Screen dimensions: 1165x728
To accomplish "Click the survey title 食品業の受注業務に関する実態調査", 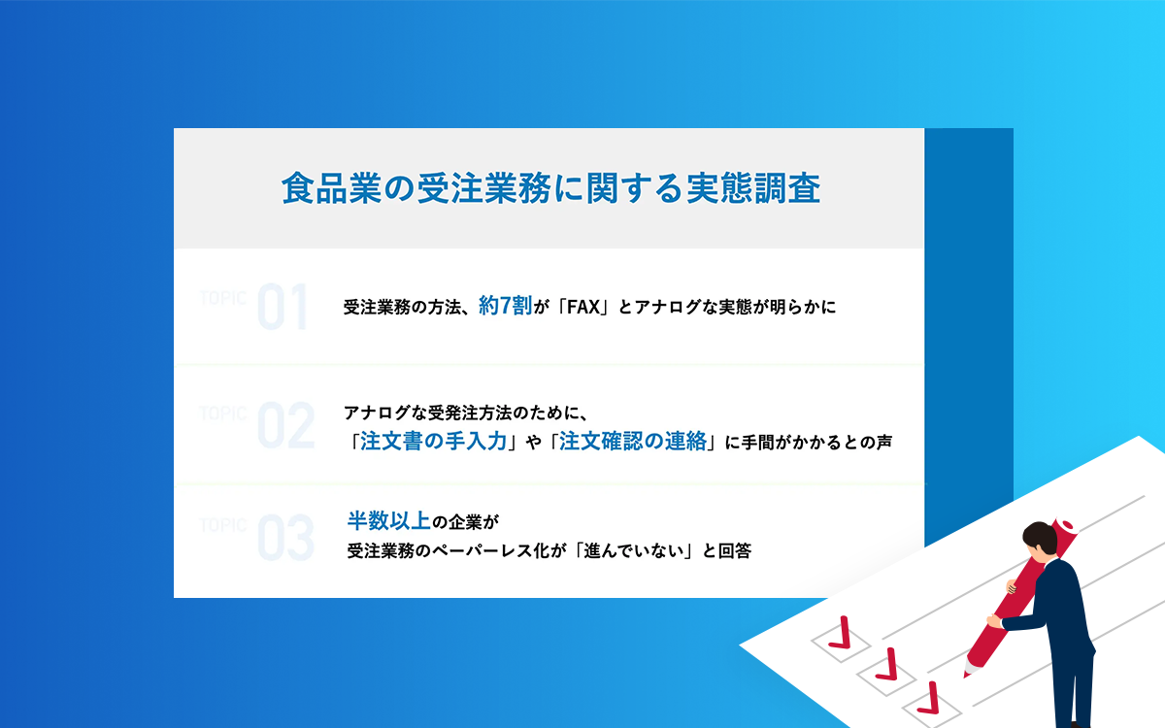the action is coord(550,187).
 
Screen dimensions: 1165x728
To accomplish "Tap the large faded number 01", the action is coord(283,307).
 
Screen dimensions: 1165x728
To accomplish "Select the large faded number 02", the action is coord(286,425).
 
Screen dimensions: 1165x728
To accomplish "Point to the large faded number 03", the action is coord(286,538).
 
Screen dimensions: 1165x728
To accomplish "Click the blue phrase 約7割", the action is coord(505,306).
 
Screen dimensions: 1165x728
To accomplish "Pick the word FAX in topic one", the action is coord(583,308).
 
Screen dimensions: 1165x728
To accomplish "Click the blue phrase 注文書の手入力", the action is coord(433,441).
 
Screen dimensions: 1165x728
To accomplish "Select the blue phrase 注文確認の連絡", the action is coord(632,441).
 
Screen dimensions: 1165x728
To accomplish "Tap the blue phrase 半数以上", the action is coord(389,520).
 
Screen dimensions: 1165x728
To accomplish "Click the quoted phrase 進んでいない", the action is coord(633,550).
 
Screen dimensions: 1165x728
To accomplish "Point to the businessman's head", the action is coord(1040,541).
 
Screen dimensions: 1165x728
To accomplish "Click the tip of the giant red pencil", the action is coord(966,675).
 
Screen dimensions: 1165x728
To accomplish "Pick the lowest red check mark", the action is coord(930,698).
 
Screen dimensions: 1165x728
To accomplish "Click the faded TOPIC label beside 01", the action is coord(222,298).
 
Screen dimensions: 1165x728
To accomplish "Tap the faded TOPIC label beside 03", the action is coord(222,525).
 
